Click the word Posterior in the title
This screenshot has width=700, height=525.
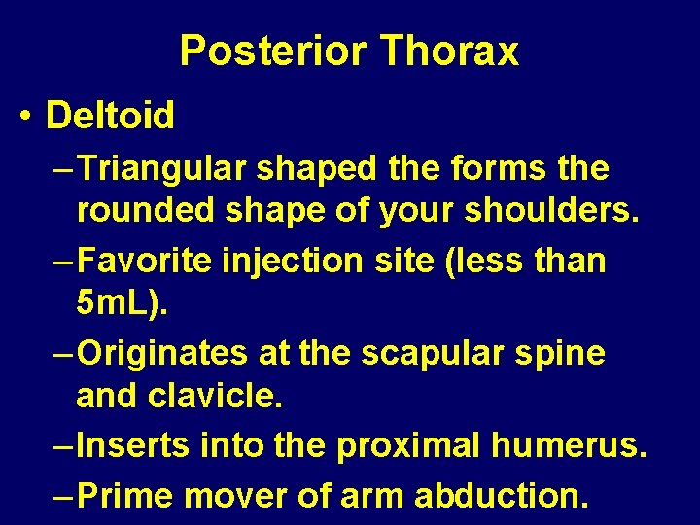click(x=263, y=52)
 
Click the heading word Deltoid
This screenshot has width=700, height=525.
click(x=110, y=117)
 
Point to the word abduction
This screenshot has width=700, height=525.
click(x=502, y=495)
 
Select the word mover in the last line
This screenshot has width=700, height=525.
click(x=236, y=495)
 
